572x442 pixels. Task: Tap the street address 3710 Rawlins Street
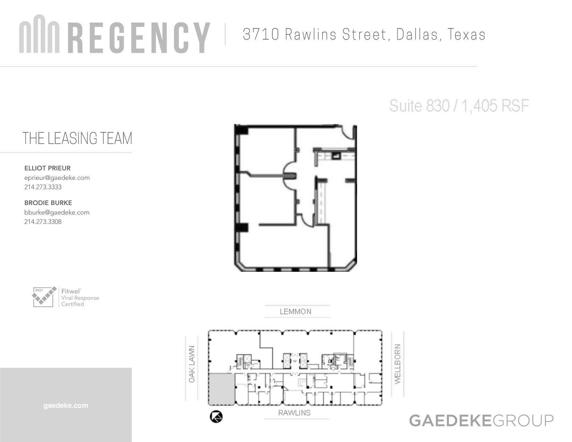point(314,34)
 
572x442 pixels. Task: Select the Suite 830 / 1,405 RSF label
point(459,106)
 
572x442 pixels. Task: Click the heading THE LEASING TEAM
point(77,138)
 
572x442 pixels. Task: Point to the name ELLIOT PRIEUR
point(47,168)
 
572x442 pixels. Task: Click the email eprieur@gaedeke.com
point(57,178)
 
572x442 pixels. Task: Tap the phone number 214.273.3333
point(43,187)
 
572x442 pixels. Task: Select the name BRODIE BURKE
point(48,203)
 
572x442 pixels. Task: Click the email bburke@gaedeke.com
point(57,213)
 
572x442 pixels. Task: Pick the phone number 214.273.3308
point(43,222)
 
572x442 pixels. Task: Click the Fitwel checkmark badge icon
point(44,297)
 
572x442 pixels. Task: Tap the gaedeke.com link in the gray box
point(66,405)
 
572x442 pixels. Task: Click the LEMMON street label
point(295,312)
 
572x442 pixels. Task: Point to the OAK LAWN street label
point(192,364)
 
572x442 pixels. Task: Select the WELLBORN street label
point(398,364)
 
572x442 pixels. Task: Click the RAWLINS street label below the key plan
point(294,413)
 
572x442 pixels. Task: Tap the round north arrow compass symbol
point(216,417)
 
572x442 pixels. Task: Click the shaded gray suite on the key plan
point(222,389)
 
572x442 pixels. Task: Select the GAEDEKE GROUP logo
point(482,421)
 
